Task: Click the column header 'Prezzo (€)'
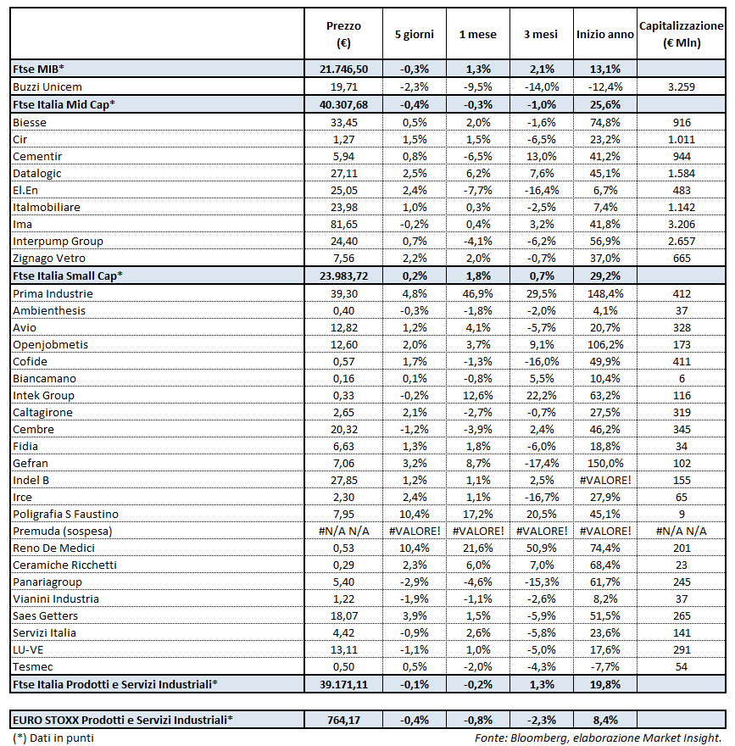click(x=342, y=34)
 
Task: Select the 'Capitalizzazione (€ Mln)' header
click(x=681, y=34)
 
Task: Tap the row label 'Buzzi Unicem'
click(x=47, y=86)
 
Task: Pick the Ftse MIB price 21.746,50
click(x=342, y=70)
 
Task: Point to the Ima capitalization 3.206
click(x=681, y=224)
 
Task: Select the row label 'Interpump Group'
click(x=58, y=242)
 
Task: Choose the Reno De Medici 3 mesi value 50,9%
click(x=541, y=548)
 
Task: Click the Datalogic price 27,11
click(x=342, y=173)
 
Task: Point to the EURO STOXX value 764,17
click(x=342, y=721)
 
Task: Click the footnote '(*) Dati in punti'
click(x=53, y=738)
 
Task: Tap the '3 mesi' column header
click(x=541, y=34)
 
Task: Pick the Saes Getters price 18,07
click(x=342, y=616)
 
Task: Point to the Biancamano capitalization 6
click(x=681, y=378)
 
